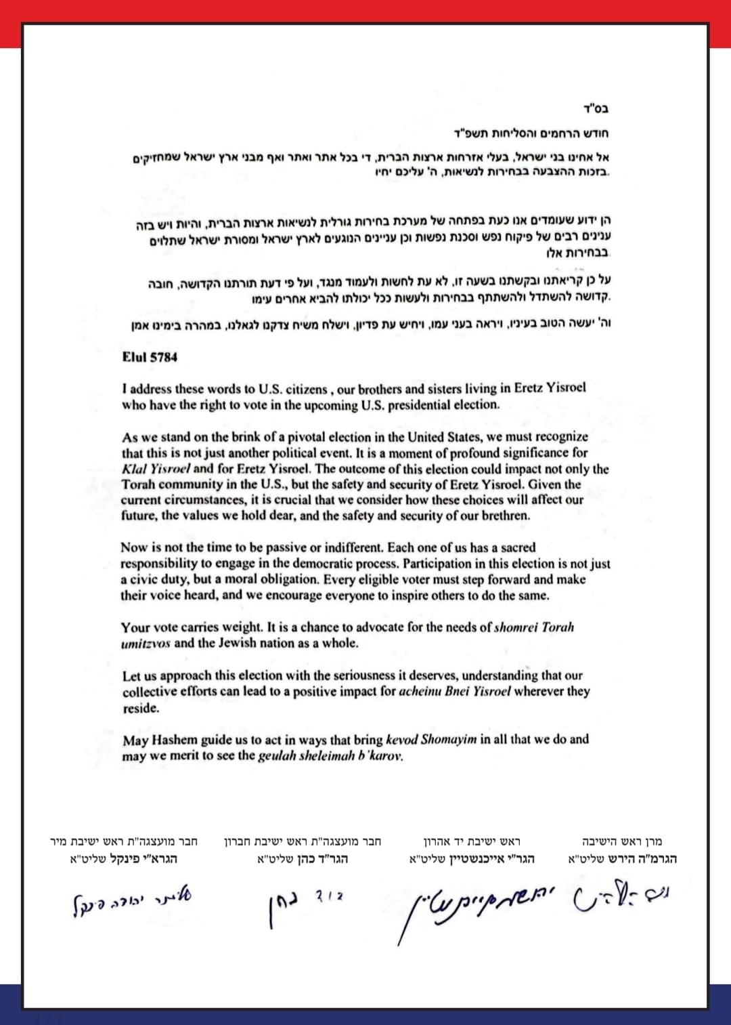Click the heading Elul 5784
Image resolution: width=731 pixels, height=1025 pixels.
(x=150, y=357)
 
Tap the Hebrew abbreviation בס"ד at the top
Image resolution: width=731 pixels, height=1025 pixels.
(x=595, y=109)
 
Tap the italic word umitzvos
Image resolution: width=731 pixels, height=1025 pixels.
(x=146, y=644)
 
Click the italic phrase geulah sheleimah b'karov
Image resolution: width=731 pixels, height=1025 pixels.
(x=330, y=756)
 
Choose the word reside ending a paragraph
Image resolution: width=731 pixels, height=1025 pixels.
(x=140, y=708)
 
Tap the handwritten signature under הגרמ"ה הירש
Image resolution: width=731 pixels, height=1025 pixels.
(x=622, y=899)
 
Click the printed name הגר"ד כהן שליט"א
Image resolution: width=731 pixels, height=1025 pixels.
(x=303, y=859)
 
